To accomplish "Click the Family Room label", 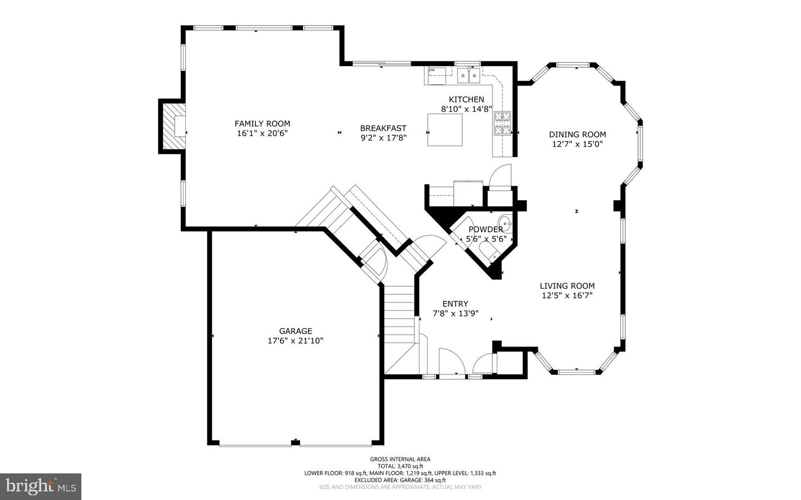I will (262, 123).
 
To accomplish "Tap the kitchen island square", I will (445, 130).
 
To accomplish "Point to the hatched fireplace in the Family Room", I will (172, 126).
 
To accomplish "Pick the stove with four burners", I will (502, 123).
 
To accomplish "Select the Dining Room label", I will (577, 134).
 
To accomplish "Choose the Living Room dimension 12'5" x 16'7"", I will (567, 296).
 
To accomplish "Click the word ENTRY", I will (455, 304).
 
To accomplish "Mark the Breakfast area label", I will (383, 128).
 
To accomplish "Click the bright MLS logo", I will (41, 487).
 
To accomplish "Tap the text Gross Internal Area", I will (400, 459).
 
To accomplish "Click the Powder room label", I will (486, 229).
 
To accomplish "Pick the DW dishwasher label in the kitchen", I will (432, 70).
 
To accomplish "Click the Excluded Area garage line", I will (400, 480).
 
